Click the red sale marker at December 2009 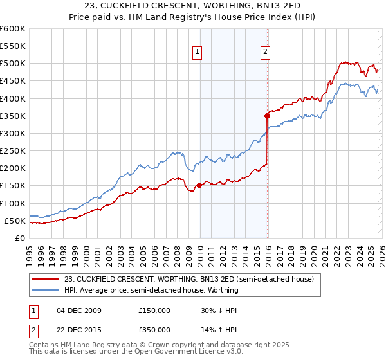point(199,186)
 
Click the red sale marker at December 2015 point(267,116)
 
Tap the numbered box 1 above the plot point(197,53)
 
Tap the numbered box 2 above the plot point(265,53)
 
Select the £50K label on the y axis point(15,221)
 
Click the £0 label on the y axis point(21,238)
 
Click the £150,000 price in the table point(154,310)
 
